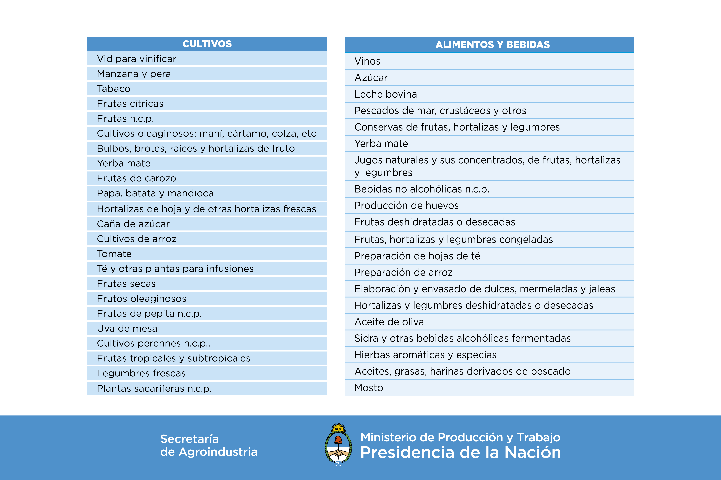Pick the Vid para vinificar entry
137,59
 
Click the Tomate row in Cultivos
114,254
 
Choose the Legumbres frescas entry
141,373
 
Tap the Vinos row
367,61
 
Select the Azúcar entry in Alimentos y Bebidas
371,78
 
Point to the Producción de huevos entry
407,205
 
